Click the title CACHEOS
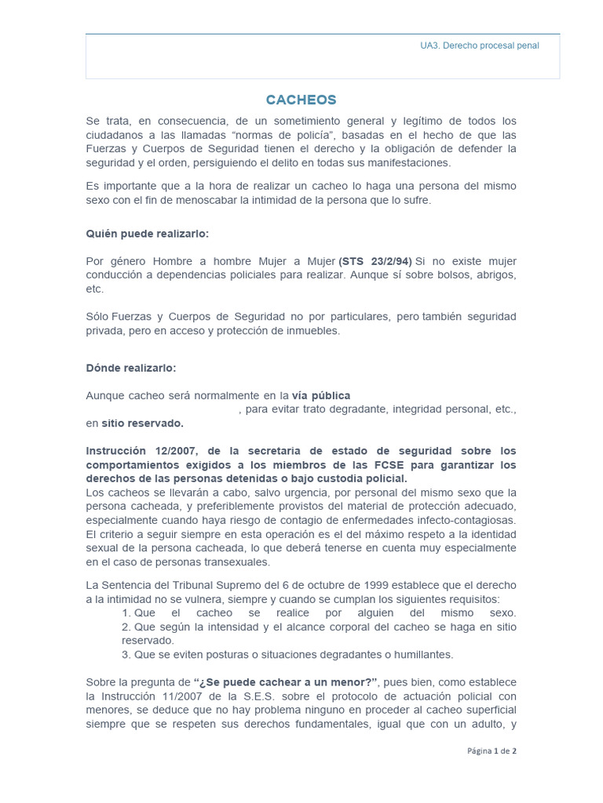[301, 100]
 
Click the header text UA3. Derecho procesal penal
[479, 45]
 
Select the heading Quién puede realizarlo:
[147, 234]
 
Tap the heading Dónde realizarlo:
[131, 368]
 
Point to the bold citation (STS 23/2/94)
[375, 261]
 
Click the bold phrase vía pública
[320, 395]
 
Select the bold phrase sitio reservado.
[142, 423]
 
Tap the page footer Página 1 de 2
[492, 750]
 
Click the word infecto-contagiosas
[466, 521]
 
